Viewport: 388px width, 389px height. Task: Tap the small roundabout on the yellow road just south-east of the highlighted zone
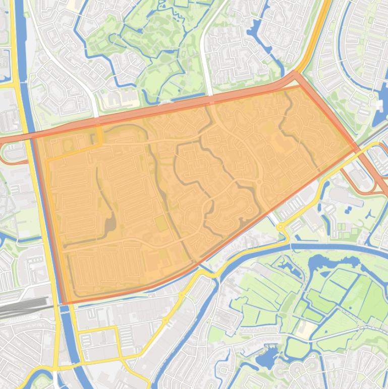[x=281, y=228]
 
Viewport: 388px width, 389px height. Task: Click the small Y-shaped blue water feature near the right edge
[x=367, y=214]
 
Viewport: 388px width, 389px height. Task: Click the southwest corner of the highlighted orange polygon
[x=64, y=303]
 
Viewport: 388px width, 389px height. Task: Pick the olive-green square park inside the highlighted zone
[x=160, y=223]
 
